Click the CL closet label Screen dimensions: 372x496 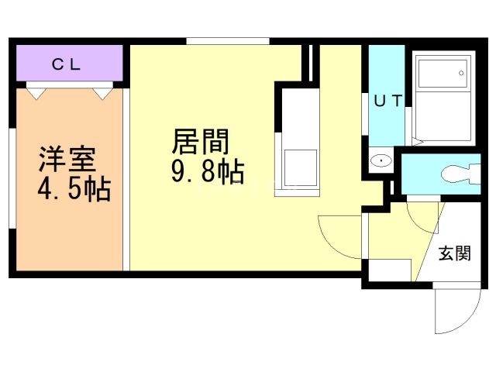tap(67, 64)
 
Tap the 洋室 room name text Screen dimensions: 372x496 tap(67, 158)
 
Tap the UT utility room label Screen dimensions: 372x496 tap(387, 99)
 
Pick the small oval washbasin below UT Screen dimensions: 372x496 tap(382, 161)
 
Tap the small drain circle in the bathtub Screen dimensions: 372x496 tap(461, 74)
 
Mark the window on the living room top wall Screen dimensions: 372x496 tap(228, 41)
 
